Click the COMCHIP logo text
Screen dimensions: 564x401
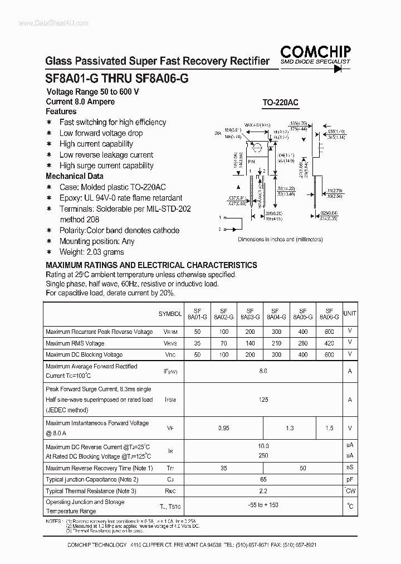[x=315, y=52]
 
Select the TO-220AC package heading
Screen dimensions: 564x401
[x=280, y=103]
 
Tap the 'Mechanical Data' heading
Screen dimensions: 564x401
[x=74, y=176]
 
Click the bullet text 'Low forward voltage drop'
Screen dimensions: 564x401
[x=101, y=133]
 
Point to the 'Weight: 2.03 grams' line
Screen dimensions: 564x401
[x=92, y=252]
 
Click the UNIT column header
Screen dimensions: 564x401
[x=350, y=314]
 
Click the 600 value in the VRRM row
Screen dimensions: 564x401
[x=329, y=332]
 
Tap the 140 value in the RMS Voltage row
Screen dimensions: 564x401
[x=250, y=343]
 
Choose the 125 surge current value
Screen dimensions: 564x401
[x=263, y=400]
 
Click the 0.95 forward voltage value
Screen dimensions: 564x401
[x=224, y=428]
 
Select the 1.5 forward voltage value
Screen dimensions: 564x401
[x=329, y=428]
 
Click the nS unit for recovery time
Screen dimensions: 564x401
[x=350, y=468]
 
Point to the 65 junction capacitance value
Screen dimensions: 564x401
[x=263, y=479]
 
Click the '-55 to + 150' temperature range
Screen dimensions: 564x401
[x=263, y=505]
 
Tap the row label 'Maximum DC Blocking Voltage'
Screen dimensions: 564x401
[x=84, y=354]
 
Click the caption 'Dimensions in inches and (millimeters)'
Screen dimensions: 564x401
[x=280, y=239]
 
